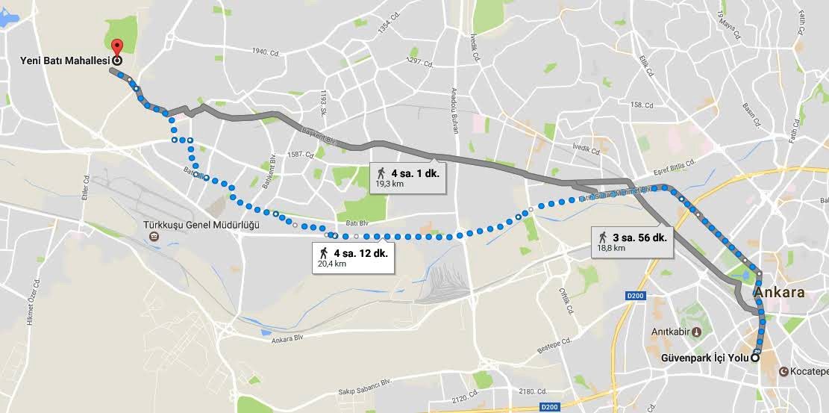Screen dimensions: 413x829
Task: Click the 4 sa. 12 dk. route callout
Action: coord(351,257)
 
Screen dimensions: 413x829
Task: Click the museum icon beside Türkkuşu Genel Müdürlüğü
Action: coord(154,237)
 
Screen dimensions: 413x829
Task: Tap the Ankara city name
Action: coord(780,293)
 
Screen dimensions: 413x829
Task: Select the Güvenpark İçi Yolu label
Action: coord(704,358)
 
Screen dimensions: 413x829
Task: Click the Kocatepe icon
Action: coord(784,371)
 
